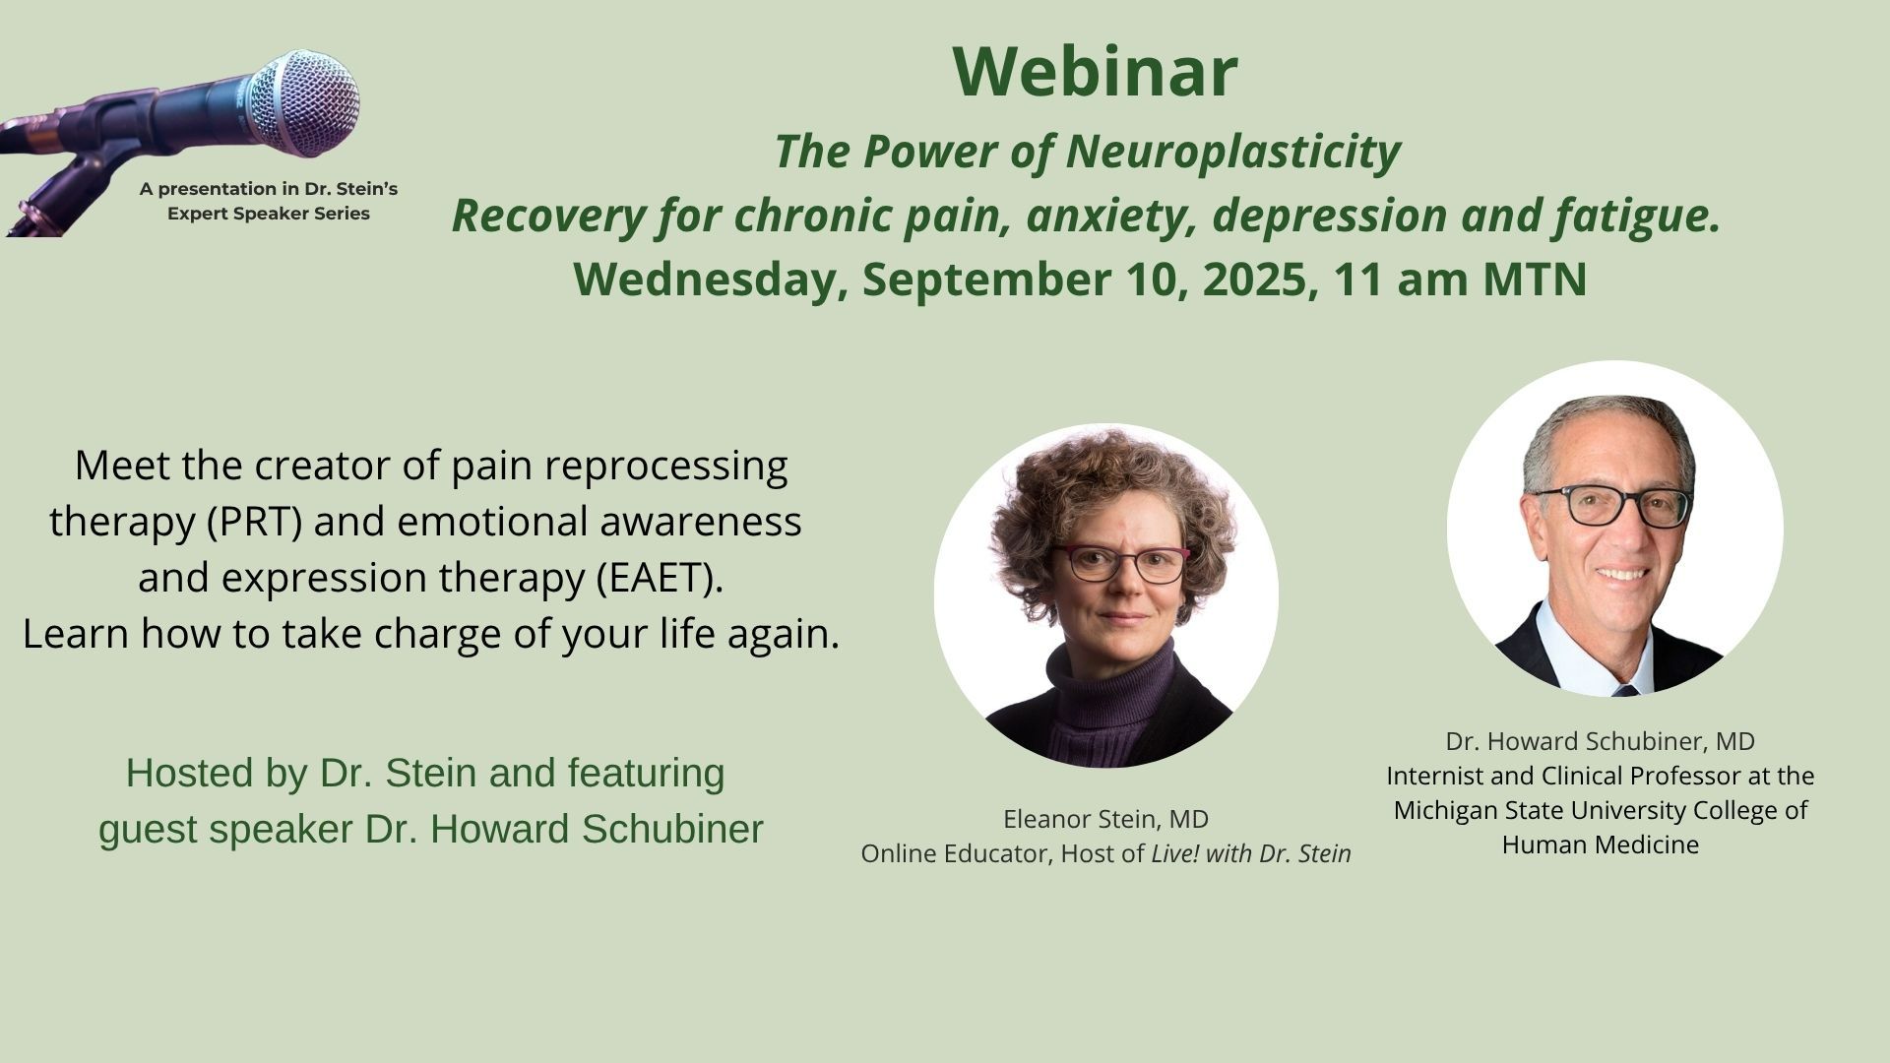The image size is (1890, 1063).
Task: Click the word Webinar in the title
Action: coord(1095,72)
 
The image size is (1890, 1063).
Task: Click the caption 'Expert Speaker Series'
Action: coord(268,214)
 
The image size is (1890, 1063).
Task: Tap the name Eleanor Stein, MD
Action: coord(1105,819)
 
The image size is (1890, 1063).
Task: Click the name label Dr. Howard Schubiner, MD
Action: coord(1600,741)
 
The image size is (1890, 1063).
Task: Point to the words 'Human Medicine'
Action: coord(1600,844)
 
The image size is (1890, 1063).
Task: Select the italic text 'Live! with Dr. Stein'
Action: coord(1250,854)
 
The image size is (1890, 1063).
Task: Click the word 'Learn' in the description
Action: coord(77,634)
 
